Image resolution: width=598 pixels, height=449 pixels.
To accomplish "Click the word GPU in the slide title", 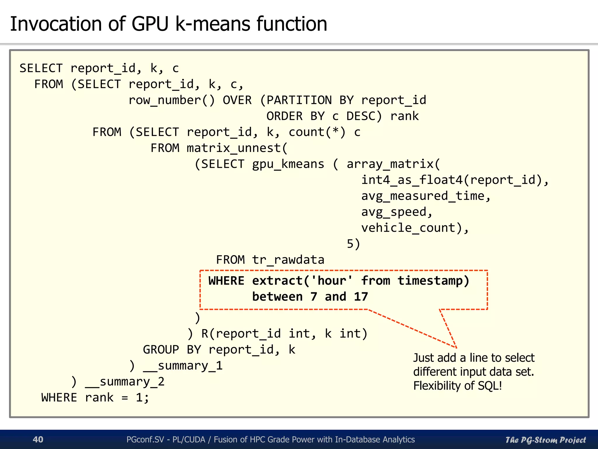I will [x=150, y=24].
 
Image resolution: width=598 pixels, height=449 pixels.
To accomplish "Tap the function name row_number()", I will [x=171, y=100].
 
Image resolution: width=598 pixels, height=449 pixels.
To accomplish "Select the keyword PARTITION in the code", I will [x=299, y=100].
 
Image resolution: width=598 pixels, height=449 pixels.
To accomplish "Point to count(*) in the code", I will [x=317, y=132].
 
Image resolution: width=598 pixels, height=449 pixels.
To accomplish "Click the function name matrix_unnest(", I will [x=237, y=148].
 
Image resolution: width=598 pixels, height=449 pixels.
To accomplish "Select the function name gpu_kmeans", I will [x=288, y=164].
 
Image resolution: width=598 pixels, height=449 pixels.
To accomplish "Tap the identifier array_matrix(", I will [x=393, y=164].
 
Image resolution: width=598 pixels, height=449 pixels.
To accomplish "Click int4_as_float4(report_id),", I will [x=455, y=180].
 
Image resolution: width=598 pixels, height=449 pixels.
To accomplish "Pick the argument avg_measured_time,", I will [x=426, y=196].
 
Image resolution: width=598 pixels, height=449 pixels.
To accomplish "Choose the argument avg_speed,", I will [x=397, y=212].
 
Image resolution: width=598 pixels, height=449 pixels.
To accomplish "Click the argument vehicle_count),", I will [x=415, y=228].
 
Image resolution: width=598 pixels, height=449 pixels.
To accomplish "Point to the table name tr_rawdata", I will [x=288, y=260].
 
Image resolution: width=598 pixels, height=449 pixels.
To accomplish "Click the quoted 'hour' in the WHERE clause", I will [x=332, y=281].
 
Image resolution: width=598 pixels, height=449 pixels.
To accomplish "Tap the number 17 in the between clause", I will [x=361, y=297].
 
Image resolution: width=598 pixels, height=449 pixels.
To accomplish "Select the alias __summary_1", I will [x=183, y=366].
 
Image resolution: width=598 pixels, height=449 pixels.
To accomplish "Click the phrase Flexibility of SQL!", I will [x=458, y=386].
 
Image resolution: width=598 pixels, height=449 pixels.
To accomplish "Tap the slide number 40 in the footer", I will [x=38, y=439].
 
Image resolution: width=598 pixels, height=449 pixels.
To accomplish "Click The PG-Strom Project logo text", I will [x=545, y=440].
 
